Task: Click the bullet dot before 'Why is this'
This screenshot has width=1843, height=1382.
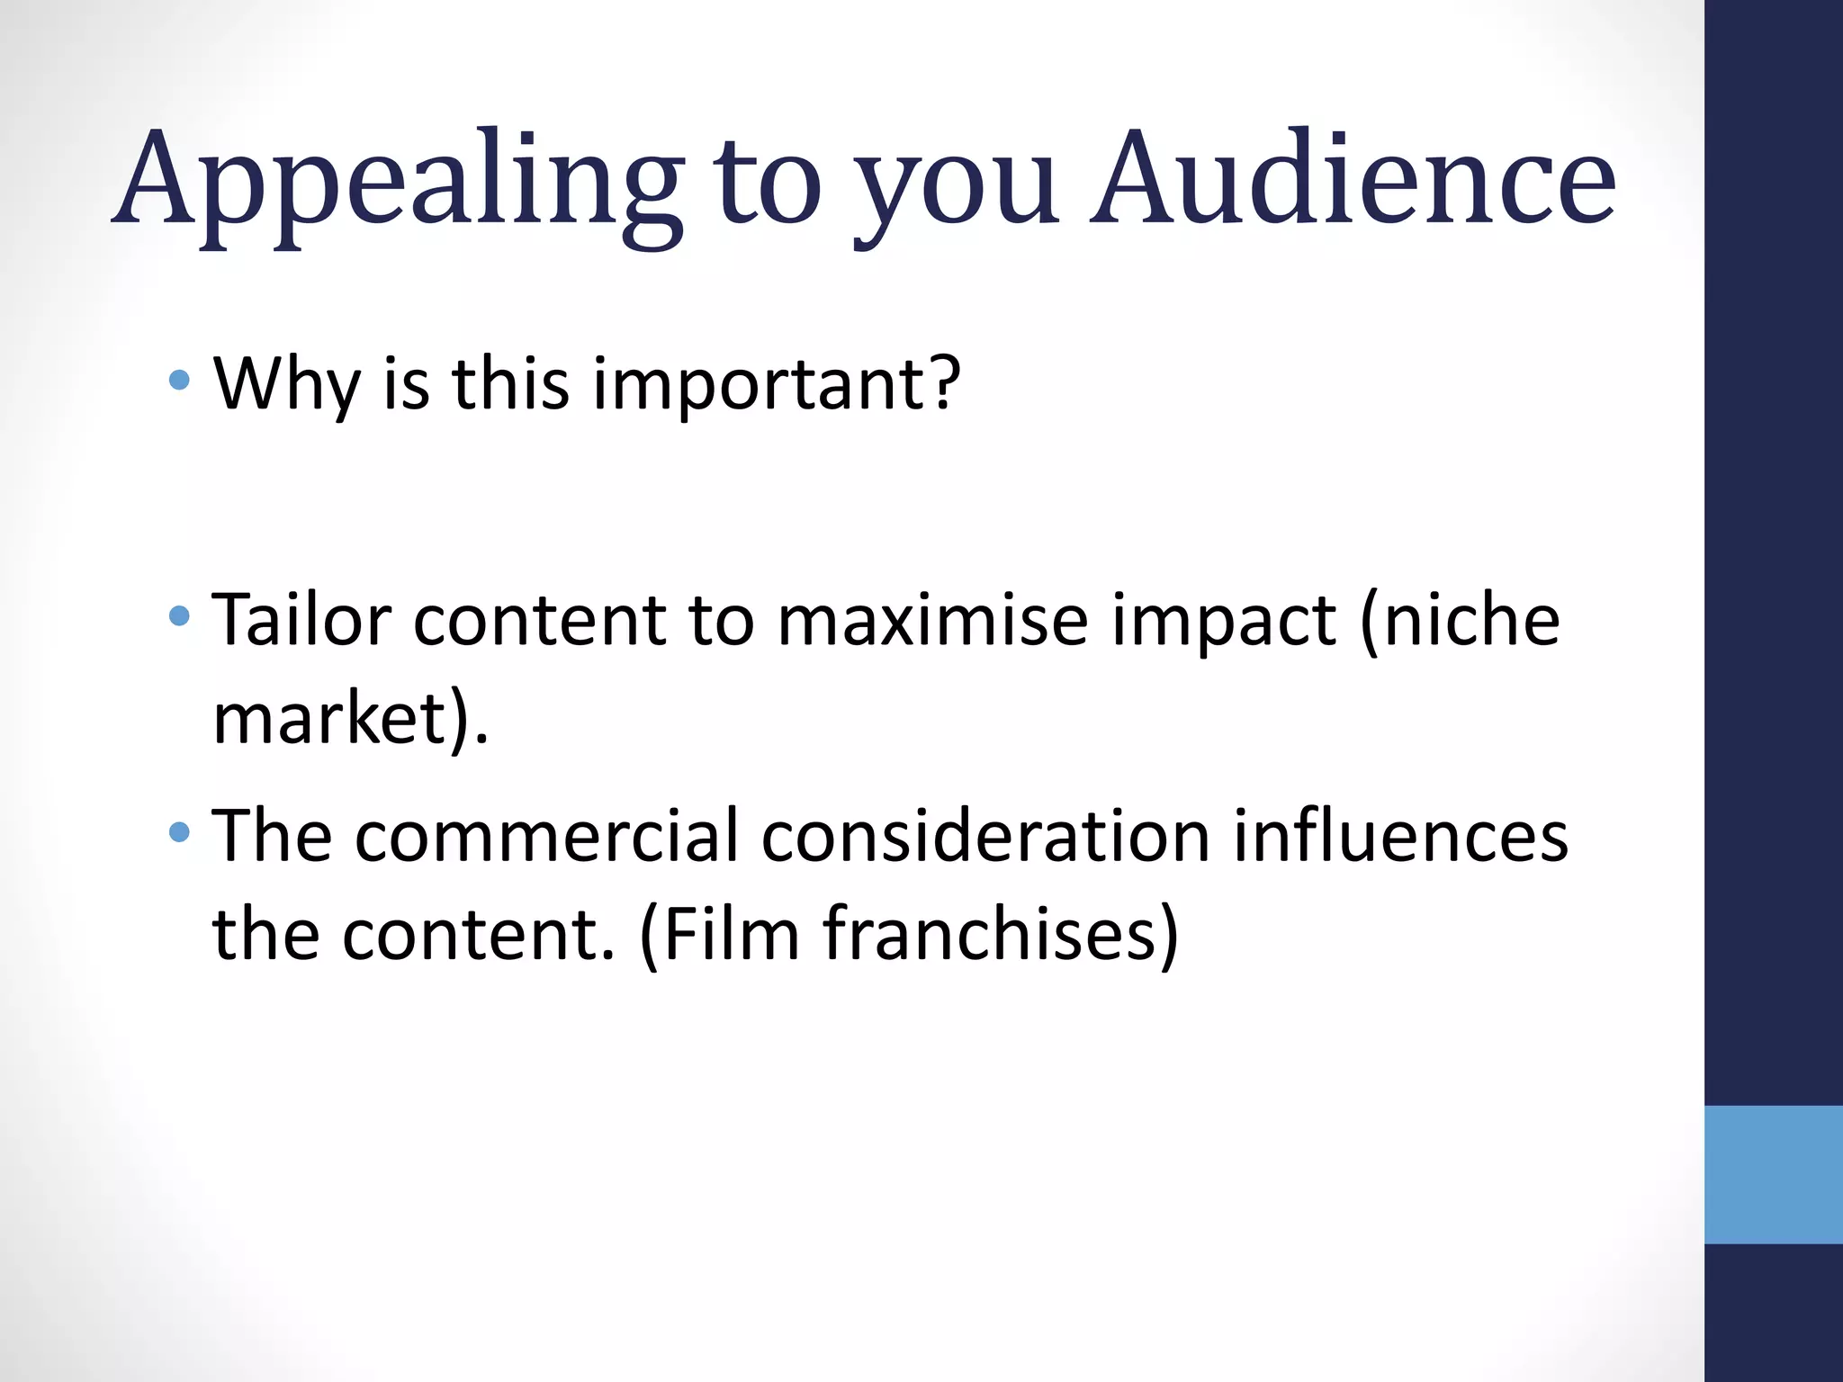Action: [179, 380]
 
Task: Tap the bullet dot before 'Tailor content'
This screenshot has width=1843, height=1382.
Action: [179, 616]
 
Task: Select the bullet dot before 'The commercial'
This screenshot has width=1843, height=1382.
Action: [179, 832]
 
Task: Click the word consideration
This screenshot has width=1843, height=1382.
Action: [985, 837]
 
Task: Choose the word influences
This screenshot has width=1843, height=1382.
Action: [1400, 837]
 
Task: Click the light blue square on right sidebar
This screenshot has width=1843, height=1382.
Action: [1773, 1174]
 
